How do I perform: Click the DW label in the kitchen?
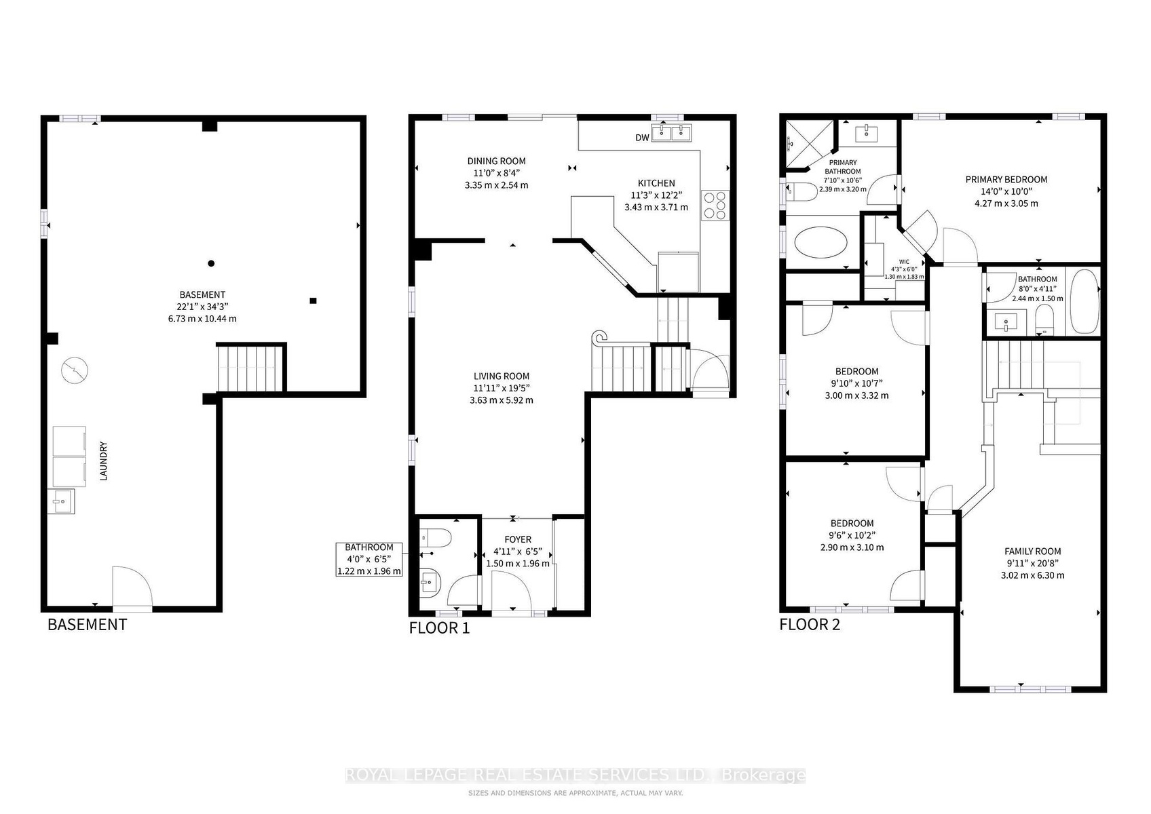click(x=642, y=138)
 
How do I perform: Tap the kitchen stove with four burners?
click(x=715, y=206)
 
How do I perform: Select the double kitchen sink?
click(x=671, y=132)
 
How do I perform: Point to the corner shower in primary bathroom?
click(x=809, y=145)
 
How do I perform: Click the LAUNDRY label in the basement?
click(x=103, y=461)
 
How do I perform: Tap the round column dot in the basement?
click(x=211, y=263)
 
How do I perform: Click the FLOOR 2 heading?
click(x=810, y=625)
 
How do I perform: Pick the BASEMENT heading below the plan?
click(x=88, y=625)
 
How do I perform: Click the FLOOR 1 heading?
click(x=439, y=627)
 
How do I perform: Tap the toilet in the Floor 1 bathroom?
click(x=435, y=538)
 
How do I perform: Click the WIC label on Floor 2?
click(x=904, y=262)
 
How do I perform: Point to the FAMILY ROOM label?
click(x=1033, y=551)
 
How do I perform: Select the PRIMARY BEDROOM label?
click(x=1006, y=179)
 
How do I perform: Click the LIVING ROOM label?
click(x=502, y=376)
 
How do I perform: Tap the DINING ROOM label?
click(x=496, y=161)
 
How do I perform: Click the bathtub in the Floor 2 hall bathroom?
click(x=1084, y=301)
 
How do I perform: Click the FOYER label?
click(x=518, y=539)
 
